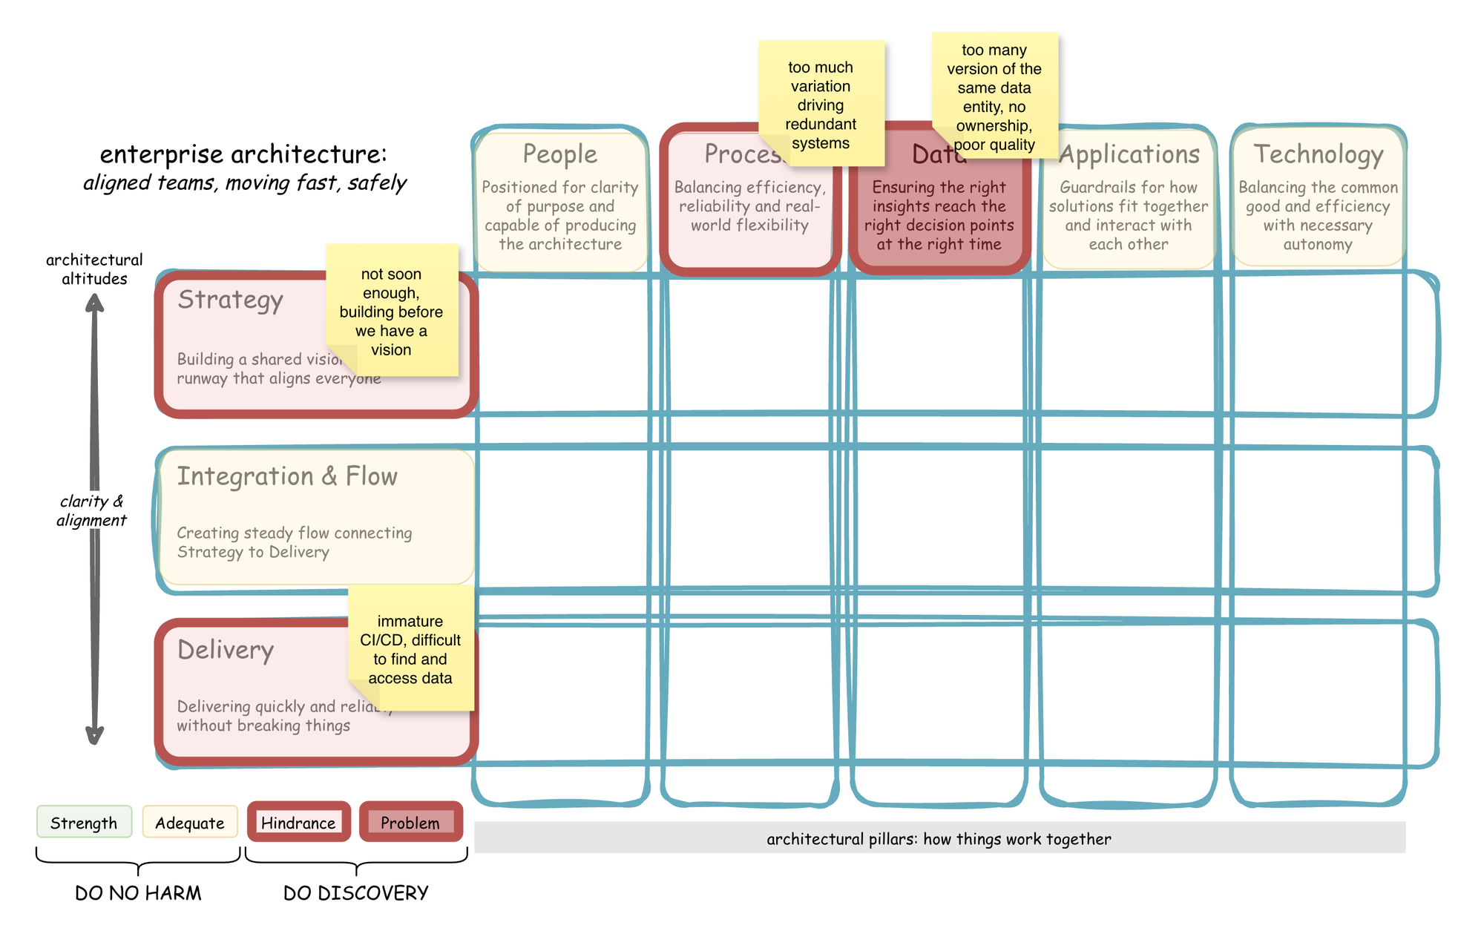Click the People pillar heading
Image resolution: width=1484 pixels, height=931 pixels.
tap(559, 154)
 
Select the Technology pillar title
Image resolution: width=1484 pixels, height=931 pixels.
tap(1318, 154)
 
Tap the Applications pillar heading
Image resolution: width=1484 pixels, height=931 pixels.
tap(1129, 154)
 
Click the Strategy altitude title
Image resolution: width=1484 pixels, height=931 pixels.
tap(230, 300)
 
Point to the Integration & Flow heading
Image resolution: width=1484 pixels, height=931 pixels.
tap(287, 476)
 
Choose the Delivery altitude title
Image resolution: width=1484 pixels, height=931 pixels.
tap(226, 650)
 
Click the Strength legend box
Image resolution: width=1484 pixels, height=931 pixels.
tap(84, 823)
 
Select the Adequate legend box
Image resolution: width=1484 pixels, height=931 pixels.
tap(189, 823)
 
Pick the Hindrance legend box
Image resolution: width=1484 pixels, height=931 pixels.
tap(298, 823)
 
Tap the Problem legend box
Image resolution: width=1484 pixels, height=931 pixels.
tap(410, 823)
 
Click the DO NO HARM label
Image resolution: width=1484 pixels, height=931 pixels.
tap(138, 893)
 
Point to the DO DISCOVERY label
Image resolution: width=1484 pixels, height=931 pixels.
tap(356, 893)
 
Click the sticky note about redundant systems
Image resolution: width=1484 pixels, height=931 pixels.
tap(821, 104)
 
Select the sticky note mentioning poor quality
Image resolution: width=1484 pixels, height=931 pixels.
tap(994, 96)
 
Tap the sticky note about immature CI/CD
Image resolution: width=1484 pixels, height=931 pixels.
tap(410, 649)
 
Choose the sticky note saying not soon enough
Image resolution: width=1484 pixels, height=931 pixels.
tap(391, 311)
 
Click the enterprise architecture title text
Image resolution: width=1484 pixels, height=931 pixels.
tap(243, 154)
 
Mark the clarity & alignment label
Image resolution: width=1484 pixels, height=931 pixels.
tap(92, 510)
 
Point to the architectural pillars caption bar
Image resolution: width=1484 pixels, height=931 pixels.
tap(939, 838)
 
